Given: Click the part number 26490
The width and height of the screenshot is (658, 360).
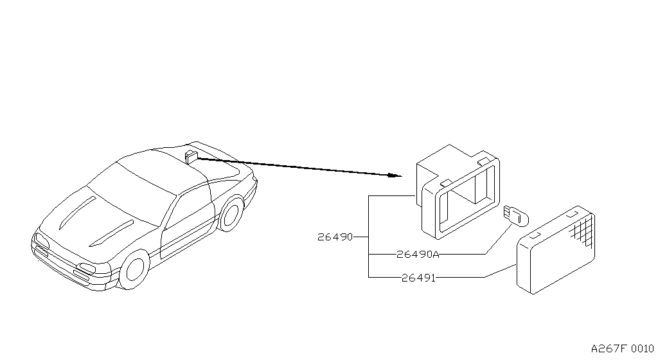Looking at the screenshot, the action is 335,237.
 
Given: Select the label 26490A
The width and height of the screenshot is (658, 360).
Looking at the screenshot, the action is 418,255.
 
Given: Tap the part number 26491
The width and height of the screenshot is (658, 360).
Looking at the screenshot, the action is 418,278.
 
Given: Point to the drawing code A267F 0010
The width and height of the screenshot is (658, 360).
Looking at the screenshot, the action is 622,348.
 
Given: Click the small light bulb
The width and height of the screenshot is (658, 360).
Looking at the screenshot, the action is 516,215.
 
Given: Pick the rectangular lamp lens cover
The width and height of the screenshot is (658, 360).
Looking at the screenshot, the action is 556,249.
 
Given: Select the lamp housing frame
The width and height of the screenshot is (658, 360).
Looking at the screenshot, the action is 458,192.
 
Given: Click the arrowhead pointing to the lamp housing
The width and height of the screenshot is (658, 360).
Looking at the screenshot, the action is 395,175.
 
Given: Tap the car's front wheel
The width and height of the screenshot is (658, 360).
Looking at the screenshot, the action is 135,269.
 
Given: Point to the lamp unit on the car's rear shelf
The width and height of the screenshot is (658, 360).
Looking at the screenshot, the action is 191,156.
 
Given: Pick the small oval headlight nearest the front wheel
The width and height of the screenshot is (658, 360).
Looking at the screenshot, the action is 88,267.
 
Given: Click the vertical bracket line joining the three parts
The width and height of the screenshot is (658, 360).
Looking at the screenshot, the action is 368,236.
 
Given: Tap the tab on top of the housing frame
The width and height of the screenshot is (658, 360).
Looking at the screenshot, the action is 483,161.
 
